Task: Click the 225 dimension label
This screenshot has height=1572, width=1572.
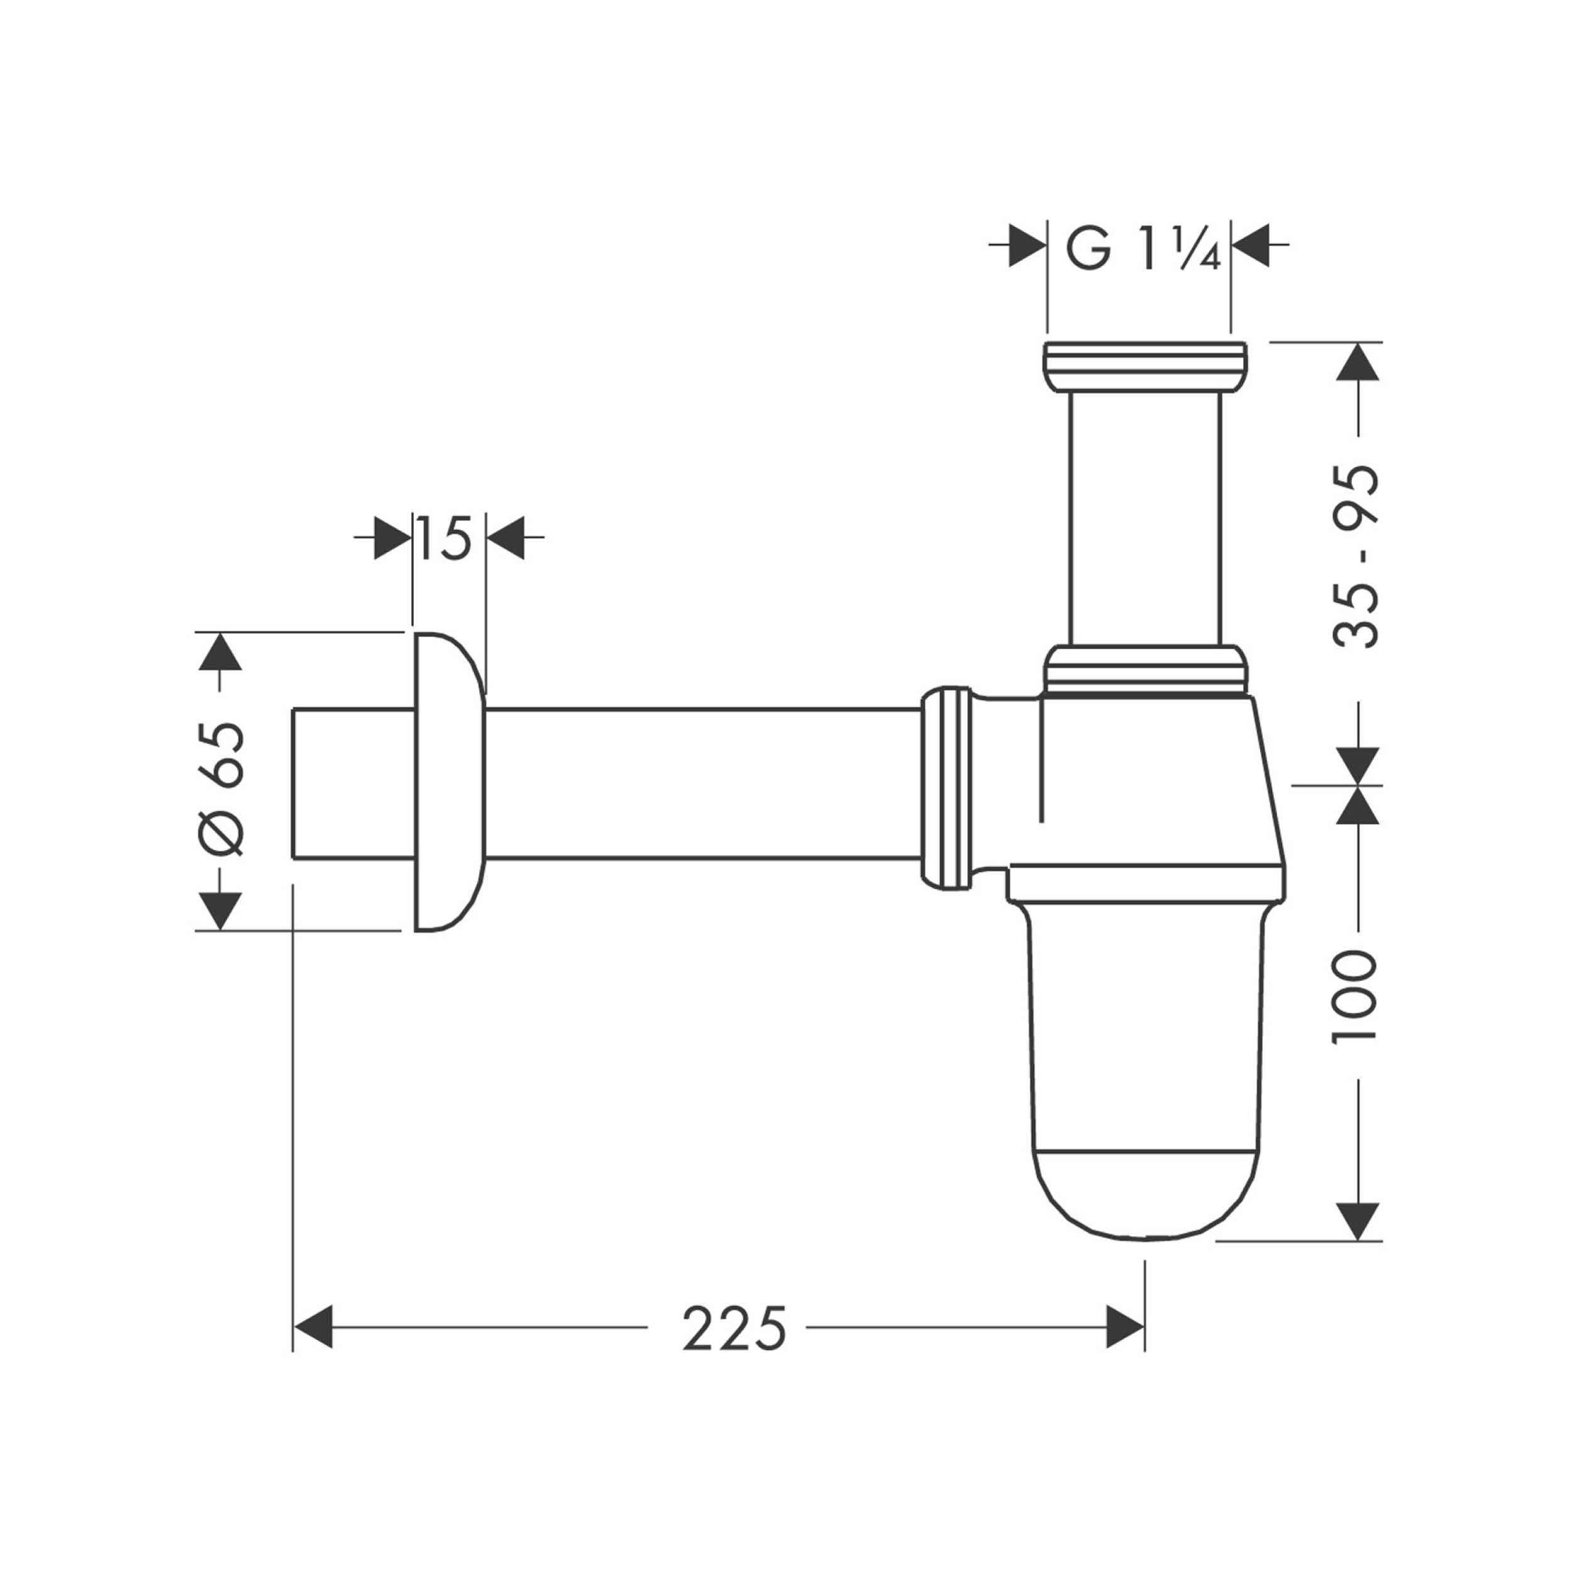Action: coord(734,1329)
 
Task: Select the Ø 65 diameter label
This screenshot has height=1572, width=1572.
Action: coord(219,789)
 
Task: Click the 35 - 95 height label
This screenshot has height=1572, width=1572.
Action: coord(1357,556)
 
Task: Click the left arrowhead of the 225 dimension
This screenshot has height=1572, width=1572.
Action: coord(313,1328)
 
